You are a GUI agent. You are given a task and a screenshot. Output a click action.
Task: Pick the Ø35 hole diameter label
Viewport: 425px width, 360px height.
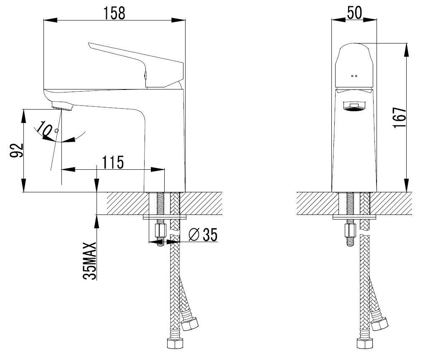point(203,235)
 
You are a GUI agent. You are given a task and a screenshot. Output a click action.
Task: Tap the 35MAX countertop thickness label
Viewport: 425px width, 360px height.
point(90,260)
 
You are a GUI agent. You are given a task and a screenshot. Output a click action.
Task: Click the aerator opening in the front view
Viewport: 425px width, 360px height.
point(354,107)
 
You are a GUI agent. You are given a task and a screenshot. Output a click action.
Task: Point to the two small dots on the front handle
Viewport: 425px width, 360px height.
point(354,76)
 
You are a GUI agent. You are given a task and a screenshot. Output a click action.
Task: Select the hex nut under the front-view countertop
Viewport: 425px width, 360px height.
point(350,230)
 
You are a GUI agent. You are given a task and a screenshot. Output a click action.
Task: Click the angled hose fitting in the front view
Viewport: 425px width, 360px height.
point(379,324)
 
